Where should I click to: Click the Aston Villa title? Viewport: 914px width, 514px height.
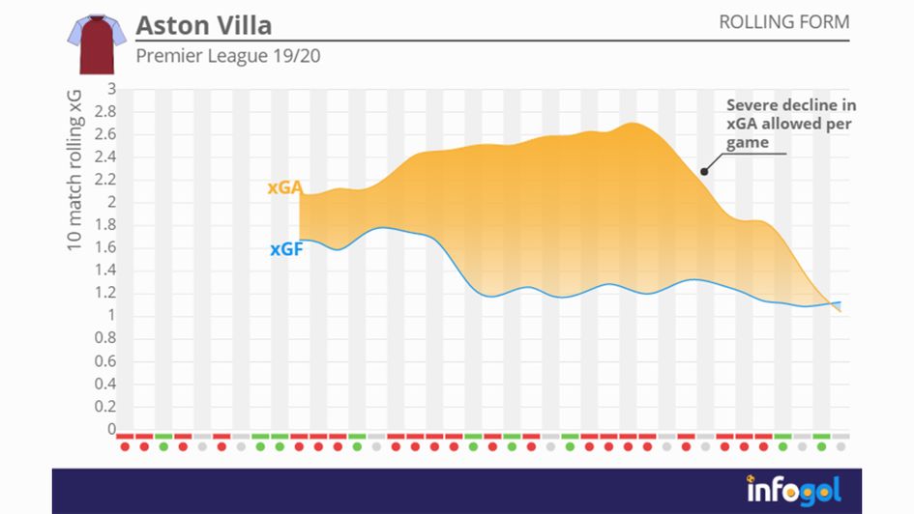[203, 24]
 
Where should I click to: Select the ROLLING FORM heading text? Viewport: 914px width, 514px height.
[783, 22]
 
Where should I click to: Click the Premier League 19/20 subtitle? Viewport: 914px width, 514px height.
[228, 56]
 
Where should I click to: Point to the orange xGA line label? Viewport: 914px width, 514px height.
[284, 188]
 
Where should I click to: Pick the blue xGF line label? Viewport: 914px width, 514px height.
[287, 249]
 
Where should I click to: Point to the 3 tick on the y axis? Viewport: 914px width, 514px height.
[111, 89]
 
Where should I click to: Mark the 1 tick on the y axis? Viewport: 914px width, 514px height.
[111, 315]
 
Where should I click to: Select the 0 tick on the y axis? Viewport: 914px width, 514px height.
[111, 429]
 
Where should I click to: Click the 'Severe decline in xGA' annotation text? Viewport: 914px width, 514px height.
[790, 124]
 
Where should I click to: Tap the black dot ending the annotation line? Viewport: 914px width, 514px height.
[704, 172]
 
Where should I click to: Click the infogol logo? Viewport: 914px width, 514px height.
[793, 489]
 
